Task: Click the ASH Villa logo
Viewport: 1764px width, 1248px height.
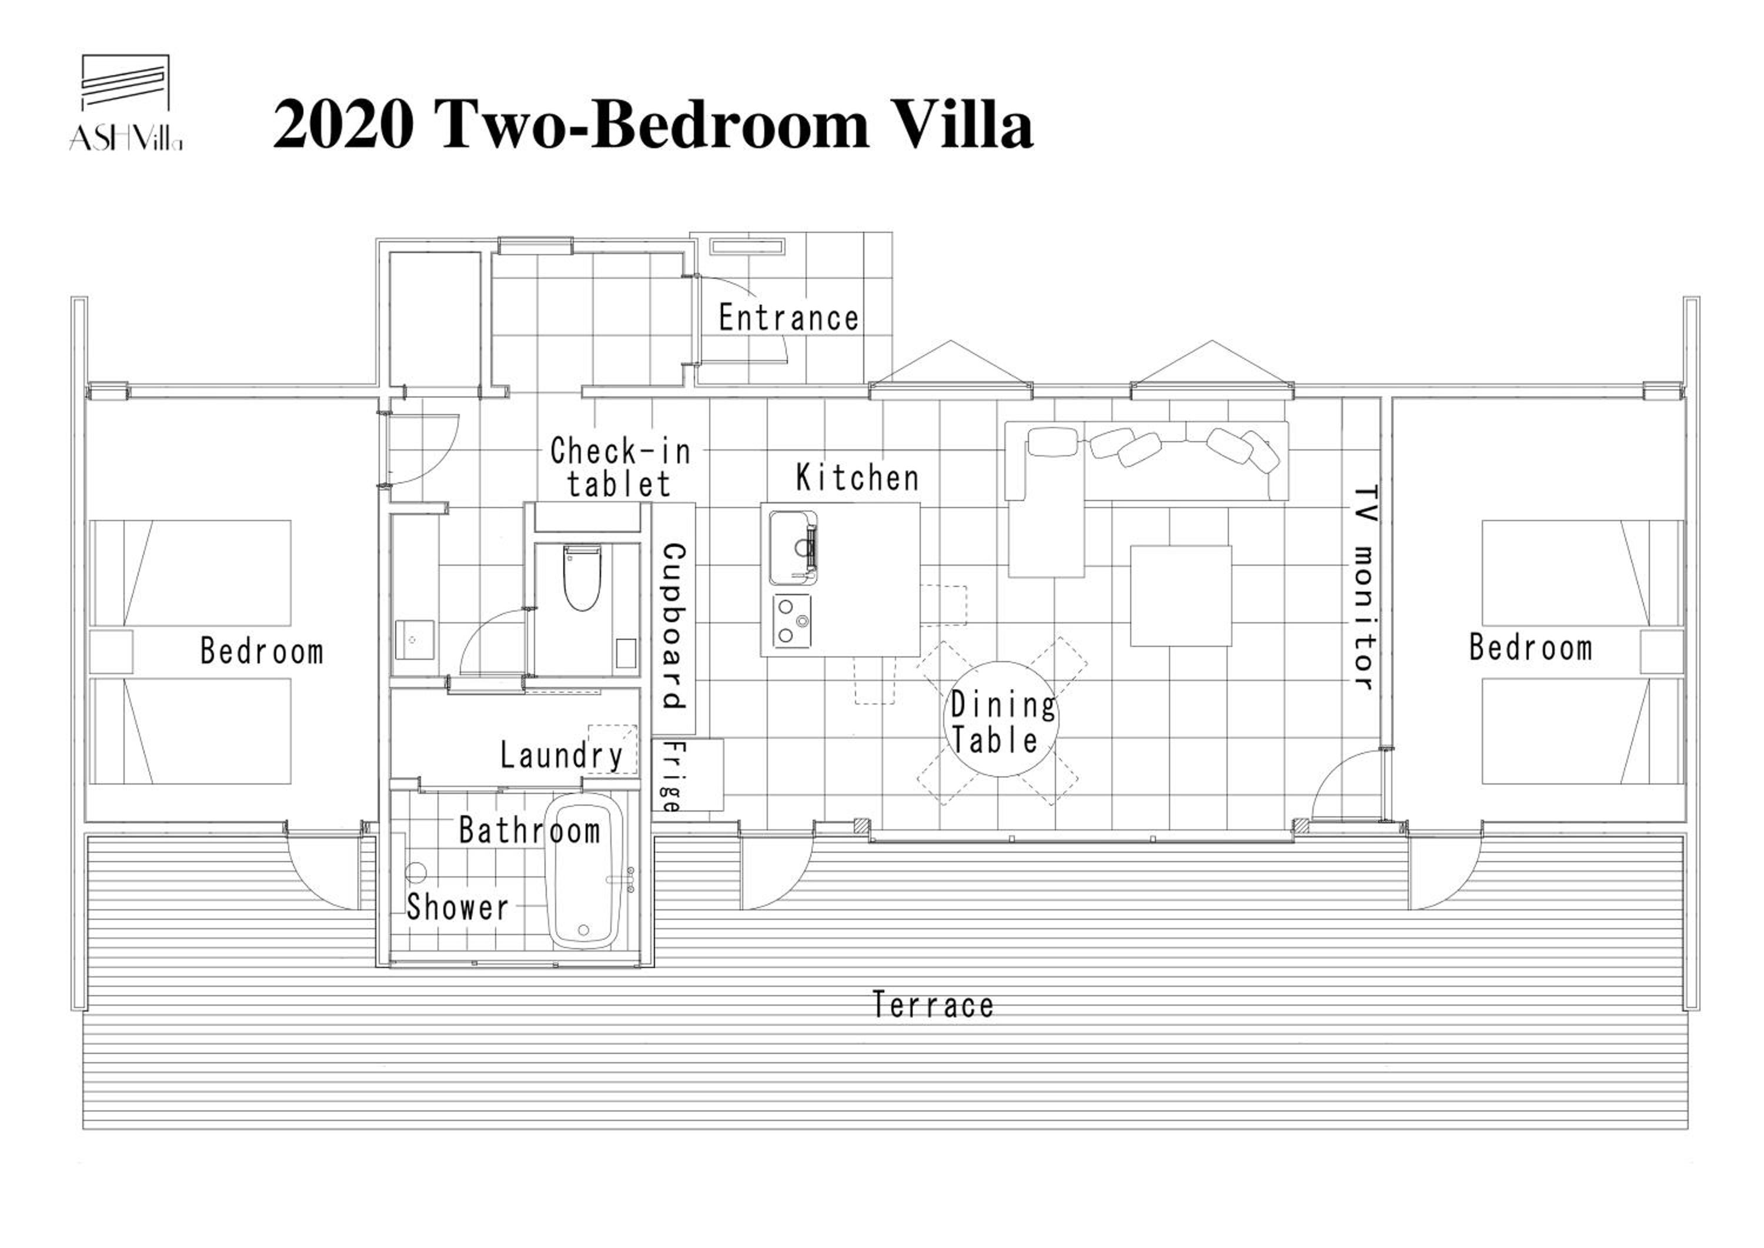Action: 126,102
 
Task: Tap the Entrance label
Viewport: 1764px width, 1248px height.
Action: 789,318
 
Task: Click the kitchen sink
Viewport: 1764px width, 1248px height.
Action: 793,547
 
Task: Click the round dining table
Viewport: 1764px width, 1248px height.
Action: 1000,719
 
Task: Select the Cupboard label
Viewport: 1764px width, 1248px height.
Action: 674,626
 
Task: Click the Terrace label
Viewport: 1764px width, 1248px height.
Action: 933,1005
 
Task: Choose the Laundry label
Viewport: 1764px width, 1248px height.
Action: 562,755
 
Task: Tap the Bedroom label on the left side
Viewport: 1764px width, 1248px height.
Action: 262,651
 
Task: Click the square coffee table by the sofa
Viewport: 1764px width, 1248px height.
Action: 1181,596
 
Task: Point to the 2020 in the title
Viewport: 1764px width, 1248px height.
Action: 343,125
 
